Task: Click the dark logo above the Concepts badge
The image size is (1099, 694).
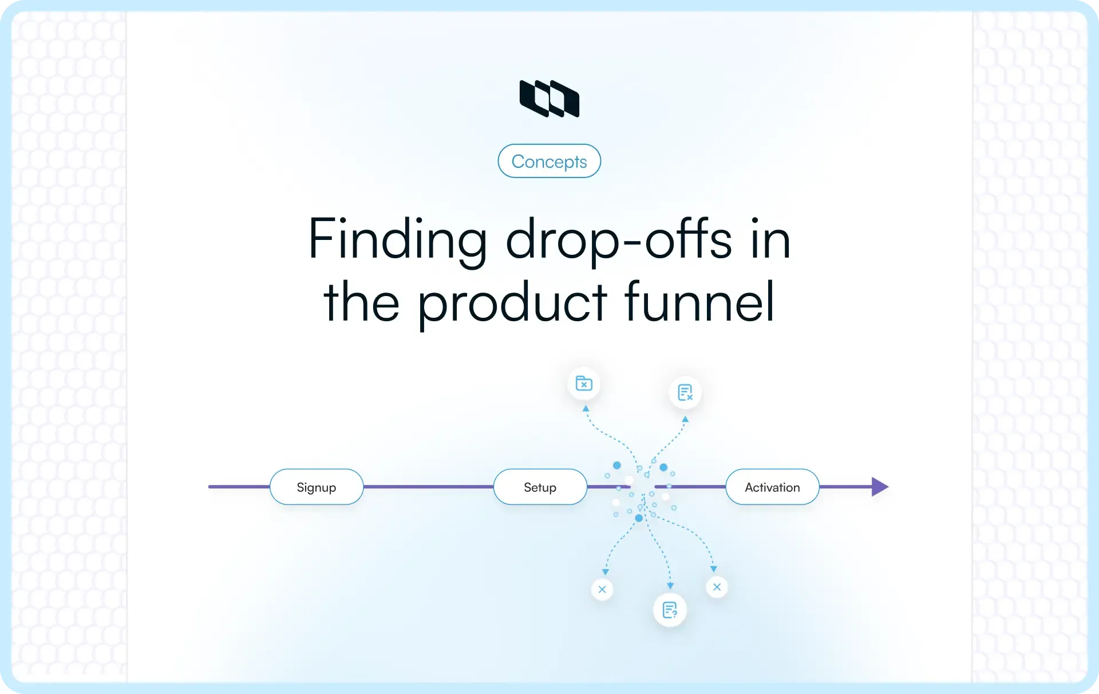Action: [x=549, y=98]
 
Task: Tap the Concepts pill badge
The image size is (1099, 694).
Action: [x=549, y=161]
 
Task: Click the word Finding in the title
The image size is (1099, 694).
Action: [x=397, y=239]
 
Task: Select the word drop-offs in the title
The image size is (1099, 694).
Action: [x=619, y=239]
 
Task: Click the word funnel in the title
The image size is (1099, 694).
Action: [x=699, y=302]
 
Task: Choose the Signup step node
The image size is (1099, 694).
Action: [x=317, y=487]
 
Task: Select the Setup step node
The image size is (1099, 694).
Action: [x=540, y=487]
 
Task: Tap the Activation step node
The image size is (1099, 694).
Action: [x=772, y=487]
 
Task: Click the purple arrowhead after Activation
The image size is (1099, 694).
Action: [x=880, y=487]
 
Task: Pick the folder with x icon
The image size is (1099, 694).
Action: [x=584, y=383]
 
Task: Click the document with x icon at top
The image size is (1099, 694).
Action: [x=685, y=392]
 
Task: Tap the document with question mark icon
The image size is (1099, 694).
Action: [x=670, y=610]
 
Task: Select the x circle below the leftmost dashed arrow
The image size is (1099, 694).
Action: [x=602, y=589]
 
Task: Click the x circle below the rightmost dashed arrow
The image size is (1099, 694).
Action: [x=717, y=587]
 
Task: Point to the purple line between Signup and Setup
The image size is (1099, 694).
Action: [x=428, y=487]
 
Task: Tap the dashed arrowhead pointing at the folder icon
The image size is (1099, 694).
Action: [x=586, y=409]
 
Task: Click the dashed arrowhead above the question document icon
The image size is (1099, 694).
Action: [x=670, y=586]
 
